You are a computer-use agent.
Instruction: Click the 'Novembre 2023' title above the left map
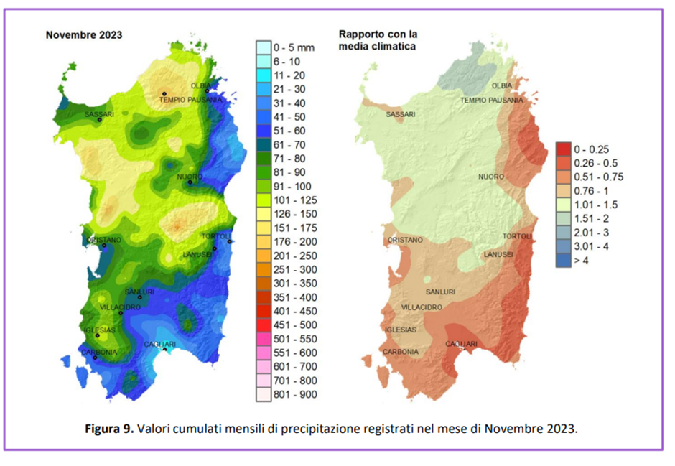84,34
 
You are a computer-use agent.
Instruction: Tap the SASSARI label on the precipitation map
100,113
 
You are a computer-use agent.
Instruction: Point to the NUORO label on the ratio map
492,177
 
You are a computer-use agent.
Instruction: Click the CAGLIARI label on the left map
160,345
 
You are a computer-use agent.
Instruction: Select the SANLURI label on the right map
440,292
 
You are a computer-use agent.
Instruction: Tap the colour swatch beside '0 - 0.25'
563,149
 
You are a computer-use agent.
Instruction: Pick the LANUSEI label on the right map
498,254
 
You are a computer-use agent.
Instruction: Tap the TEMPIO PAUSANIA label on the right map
492,100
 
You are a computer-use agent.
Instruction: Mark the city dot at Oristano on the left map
104,246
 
